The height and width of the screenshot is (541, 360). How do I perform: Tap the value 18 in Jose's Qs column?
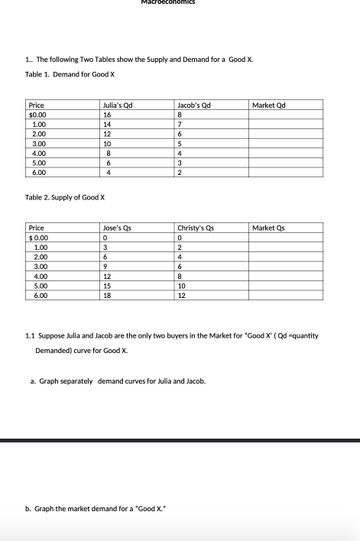pos(108,295)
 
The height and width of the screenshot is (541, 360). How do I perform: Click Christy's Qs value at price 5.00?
pos(181,285)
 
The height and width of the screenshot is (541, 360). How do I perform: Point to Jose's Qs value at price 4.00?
pos(108,276)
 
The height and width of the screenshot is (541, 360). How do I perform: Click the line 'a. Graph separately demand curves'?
pos(123,380)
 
